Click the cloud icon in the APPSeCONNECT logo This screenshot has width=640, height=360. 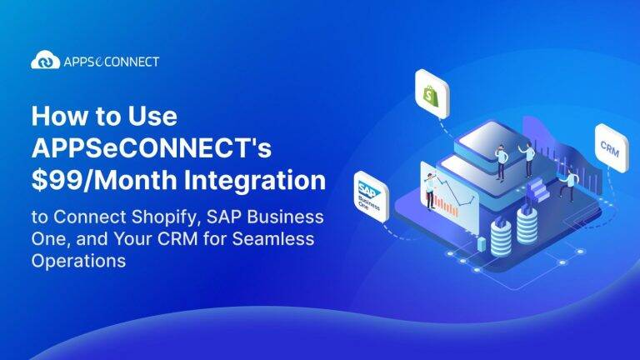[x=46, y=61]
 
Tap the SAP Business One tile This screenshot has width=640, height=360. [x=369, y=194]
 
